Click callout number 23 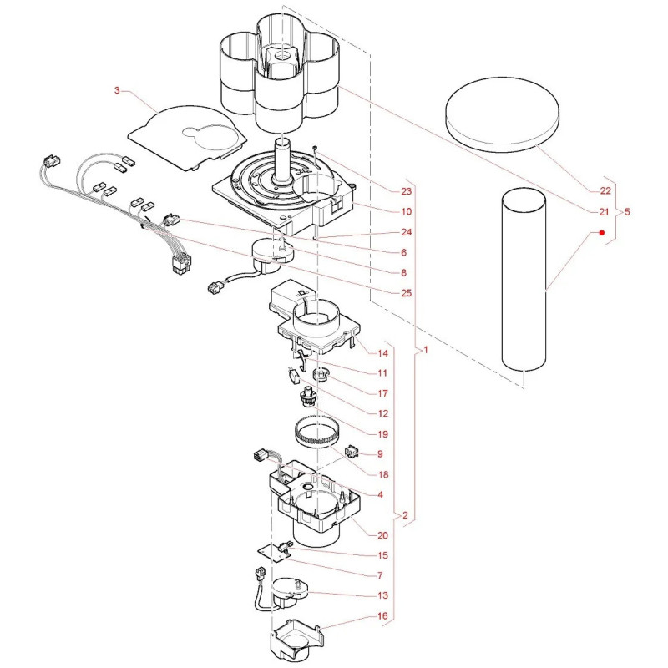[406, 191]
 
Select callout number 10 [406, 211]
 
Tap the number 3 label [117, 90]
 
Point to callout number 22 [605, 190]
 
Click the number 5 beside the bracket [627, 211]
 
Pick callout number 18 [383, 474]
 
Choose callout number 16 [382, 615]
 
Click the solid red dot [602, 233]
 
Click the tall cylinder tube [524, 281]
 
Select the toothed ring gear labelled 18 [316, 432]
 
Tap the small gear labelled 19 [308, 396]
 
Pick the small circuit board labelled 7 [273, 554]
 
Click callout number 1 [425, 350]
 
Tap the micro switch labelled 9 [352, 452]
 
